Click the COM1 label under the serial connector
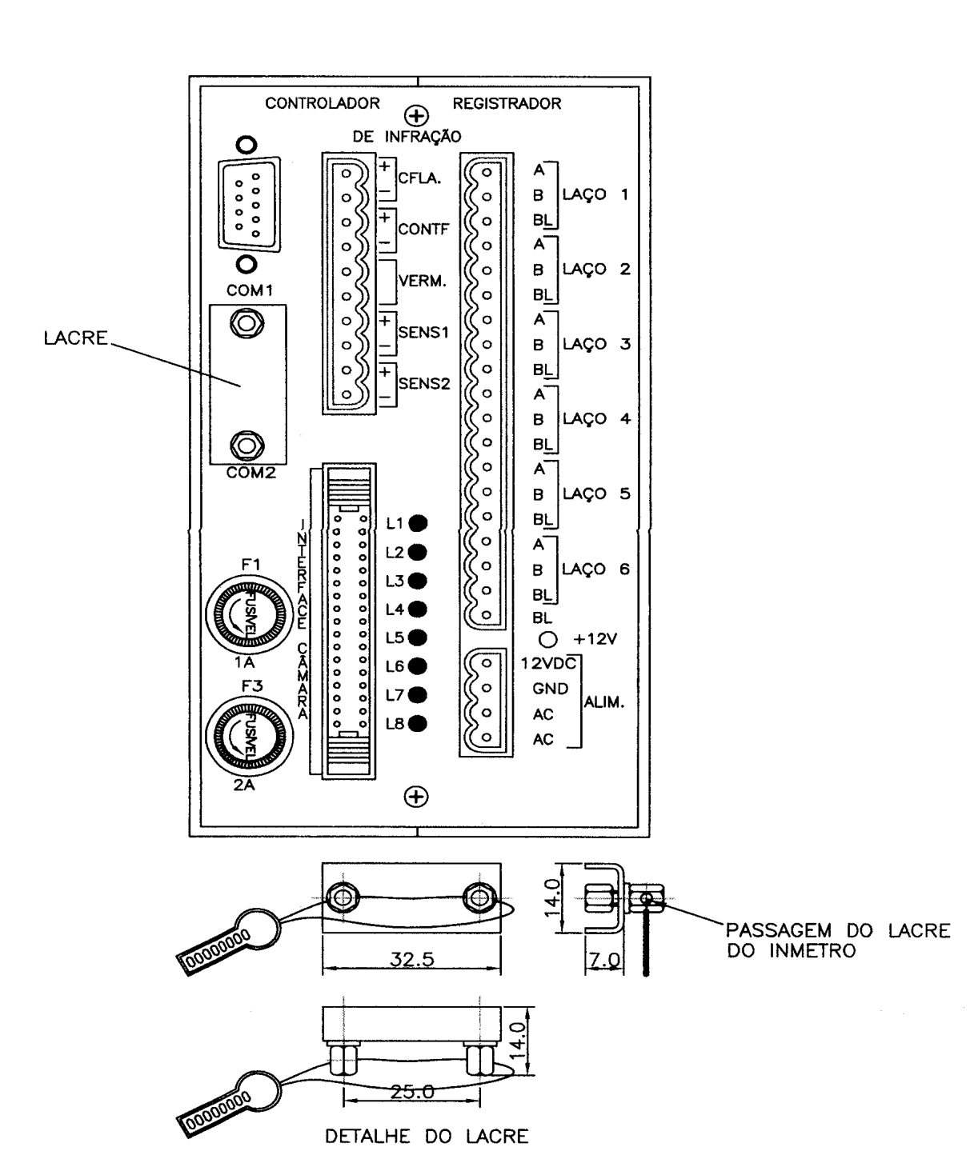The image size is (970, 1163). coord(249,290)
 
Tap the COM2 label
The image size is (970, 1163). coord(251,473)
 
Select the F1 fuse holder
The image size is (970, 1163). coord(249,614)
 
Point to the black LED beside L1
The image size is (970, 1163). coord(418,523)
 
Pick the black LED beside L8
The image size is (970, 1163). coord(418,724)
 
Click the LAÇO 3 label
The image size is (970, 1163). coord(596,344)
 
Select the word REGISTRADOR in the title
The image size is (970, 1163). coord(507,104)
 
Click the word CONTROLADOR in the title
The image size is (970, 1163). coord(323,103)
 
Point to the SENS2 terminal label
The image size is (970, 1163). coord(423,384)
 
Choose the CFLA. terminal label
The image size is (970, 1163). coord(419,178)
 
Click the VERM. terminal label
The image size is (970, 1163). coord(423,281)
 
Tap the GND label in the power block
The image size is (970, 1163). coord(550,689)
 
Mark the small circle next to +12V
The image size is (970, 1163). coord(548,639)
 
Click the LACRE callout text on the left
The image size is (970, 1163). coord(76,338)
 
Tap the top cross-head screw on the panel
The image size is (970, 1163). coord(416,116)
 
